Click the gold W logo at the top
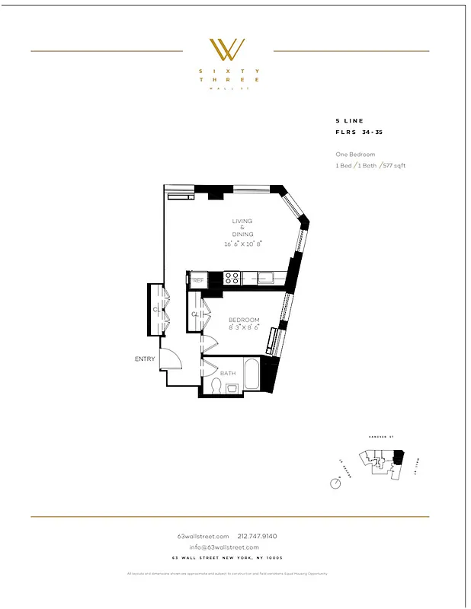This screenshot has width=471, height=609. click(227, 49)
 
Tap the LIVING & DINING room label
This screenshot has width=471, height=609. click(242, 228)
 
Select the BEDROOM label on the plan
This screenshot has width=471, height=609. click(244, 320)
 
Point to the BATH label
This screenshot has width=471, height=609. click(228, 373)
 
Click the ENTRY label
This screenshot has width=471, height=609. click(145, 359)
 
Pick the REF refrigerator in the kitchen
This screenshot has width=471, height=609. click(198, 280)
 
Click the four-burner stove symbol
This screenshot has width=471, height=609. click(232, 278)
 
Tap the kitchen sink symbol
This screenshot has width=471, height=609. click(265, 278)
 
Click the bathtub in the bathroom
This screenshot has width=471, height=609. click(255, 375)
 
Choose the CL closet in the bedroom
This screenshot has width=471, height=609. click(195, 314)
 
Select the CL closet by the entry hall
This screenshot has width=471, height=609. click(156, 310)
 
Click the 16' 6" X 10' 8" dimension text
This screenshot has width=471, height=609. click(242, 244)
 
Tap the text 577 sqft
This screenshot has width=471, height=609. click(393, 165)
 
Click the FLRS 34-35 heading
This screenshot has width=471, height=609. click(360, 132)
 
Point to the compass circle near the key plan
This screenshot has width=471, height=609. click(335, 483)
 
